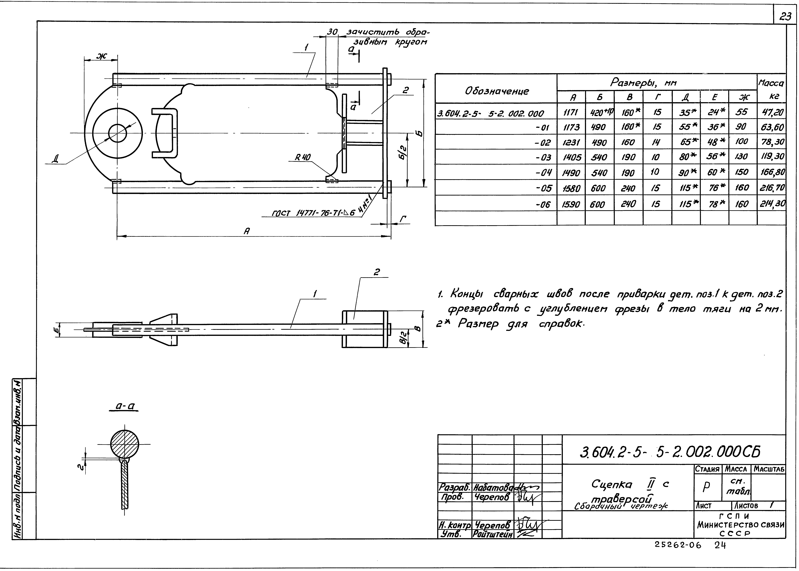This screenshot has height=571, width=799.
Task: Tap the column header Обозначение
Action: tap(497, 91)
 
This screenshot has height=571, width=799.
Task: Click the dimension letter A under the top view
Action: tap(247, 231)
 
